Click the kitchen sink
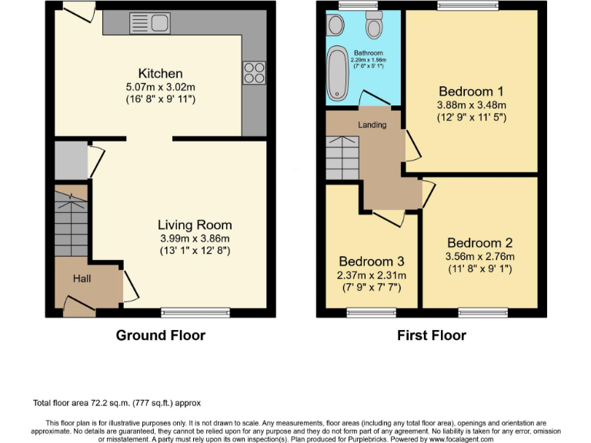coord(150,23)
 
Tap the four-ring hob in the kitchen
coord(253,72)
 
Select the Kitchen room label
coord(160,73)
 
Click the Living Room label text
coord(195,225)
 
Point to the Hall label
coord(82,278)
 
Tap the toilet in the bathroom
coord(374,27)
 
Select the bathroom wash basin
coord(336,26)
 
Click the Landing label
coord(372,125)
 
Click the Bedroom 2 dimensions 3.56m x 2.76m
coord(479,257)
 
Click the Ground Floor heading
coord(161,335)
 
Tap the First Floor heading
coord(431,335)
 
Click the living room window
coord(195,312)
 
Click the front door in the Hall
coord(78,308)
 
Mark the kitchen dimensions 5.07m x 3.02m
coord(160,86)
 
